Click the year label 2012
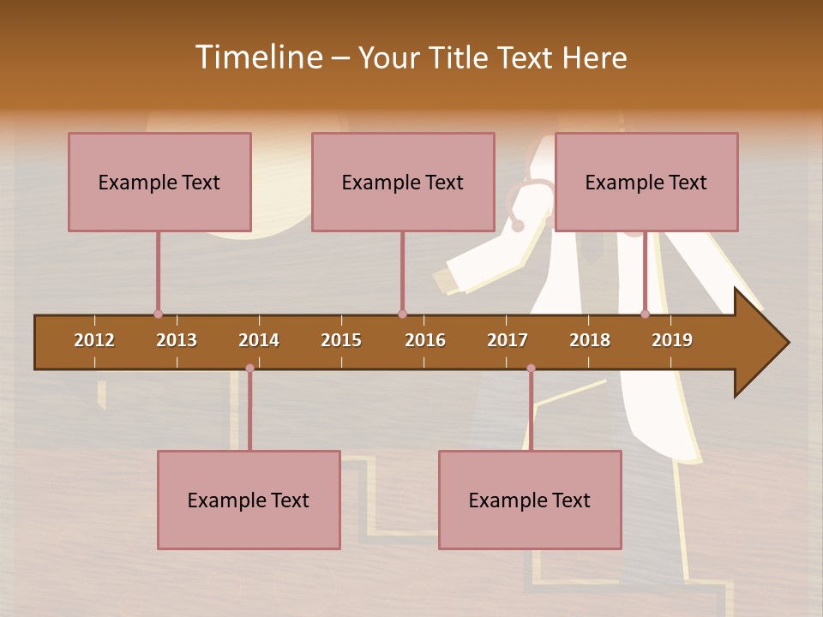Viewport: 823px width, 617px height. pyautogui.click(x=94, y=340)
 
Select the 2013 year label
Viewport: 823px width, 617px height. pyautogui.click(x=177, y=340)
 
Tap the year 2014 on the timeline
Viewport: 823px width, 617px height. pyautogui.click(x=259, y=340)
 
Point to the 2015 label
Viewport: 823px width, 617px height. pyautogui.click(x=341, y=340)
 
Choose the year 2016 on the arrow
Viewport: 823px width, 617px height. pyautogui.click(x=425, y=340)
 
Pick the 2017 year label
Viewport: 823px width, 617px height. pyautogui.click(x=508, y=340)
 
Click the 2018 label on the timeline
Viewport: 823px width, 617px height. pyautogui.click(x=590, y=340)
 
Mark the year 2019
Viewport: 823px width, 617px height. pyautogui.click(x=672, y=340)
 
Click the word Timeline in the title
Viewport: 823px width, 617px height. pyautogui.click(x=258, y=57)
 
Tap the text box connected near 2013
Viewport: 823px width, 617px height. pyautogui.click(x=159, y=182)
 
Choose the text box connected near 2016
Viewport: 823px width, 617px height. pyautogui.click(x=403, y=182)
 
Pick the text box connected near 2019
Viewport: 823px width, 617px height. pyautogui.click(x=646, y=182)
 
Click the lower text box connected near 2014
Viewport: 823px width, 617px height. pyautogui.click(x=249, y=500)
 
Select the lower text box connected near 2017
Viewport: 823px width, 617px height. pyautogui.click(x=530, y=500)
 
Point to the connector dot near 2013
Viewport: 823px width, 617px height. pyautogui.click(x=158, y=314)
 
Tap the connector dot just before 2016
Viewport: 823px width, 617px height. pyautogui.click(x=402, y=314)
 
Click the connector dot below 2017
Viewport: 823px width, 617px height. pyautogui.click(x=531, y=368)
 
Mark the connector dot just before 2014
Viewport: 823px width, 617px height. pyautogui.click(x=249, y=368)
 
